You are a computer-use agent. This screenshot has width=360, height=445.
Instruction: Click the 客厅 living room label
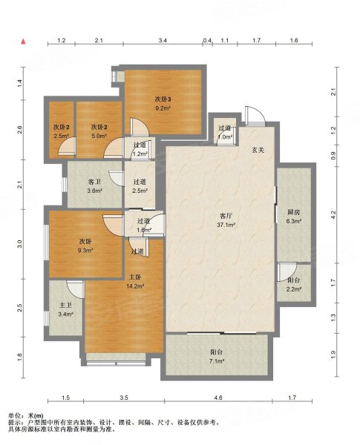(226, 216)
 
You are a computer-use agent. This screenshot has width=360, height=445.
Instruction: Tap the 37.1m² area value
(226, 225)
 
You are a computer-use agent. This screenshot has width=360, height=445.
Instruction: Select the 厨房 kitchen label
(294, 212)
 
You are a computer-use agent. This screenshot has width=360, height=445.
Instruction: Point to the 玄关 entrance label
(258, 150)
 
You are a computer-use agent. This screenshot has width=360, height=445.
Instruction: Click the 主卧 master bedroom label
(135, 277)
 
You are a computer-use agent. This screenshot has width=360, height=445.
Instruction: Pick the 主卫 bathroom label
(65, 306)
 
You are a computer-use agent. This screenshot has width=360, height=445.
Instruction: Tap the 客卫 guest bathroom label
(94, 182)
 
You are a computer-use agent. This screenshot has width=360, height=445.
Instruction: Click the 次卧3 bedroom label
(163, 99)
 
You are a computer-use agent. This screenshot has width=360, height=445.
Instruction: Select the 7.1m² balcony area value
(217, 361)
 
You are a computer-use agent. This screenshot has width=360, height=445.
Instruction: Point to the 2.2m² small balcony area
(294, 289)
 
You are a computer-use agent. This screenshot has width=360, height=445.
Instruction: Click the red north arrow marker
(24, 42)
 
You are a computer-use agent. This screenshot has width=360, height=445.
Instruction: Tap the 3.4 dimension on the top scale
(163, 40)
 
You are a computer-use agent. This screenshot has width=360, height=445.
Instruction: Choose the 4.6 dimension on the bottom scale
(218, 398)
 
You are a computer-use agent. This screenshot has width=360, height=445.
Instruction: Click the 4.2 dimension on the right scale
(333, 214)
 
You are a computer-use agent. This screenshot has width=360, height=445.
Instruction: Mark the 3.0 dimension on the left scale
(19, 244)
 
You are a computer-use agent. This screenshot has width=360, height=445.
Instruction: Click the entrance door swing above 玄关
(255, 116)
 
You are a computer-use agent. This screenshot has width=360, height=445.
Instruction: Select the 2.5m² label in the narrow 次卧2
(62, 136)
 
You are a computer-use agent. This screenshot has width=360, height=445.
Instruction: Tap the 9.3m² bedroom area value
(86, 251)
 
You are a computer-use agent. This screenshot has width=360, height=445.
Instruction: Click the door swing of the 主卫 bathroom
(76, 289)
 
